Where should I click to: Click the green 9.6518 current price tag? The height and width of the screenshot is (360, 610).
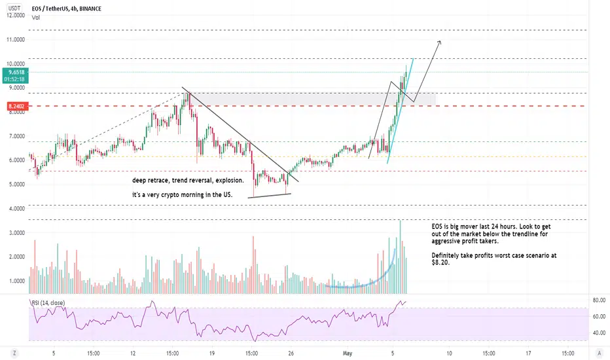coord(15,75)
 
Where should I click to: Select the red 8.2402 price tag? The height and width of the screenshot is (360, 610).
coord(16,106)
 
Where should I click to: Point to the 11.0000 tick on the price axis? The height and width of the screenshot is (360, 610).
coord(16,40)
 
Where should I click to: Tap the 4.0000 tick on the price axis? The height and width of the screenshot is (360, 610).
coord(16,209)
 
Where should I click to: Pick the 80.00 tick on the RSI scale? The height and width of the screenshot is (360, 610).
coord(599,300)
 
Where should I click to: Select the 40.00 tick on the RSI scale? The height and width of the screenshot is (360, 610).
coord(599,333)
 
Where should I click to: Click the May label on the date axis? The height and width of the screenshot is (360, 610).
coord(348,353)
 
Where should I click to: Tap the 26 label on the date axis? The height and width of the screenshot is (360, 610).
coord(291,353)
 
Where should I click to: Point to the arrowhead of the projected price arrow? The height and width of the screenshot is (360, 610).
coord(440,42)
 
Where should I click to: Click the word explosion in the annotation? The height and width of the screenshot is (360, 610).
coord(230,181)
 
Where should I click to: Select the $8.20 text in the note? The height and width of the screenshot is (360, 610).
coord(440,262)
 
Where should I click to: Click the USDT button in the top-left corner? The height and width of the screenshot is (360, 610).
coord(14,8)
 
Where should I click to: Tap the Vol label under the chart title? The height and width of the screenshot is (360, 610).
coord(36,18)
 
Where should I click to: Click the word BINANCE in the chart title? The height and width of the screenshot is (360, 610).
coord(90,9)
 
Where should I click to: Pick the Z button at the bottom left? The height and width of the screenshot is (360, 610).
coord(14,353)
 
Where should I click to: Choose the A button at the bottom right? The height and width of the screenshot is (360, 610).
coord(599,353)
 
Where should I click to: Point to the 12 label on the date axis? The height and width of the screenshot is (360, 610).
coord(133,353)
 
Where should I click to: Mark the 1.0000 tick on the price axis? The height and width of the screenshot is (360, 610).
coord(16,281)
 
